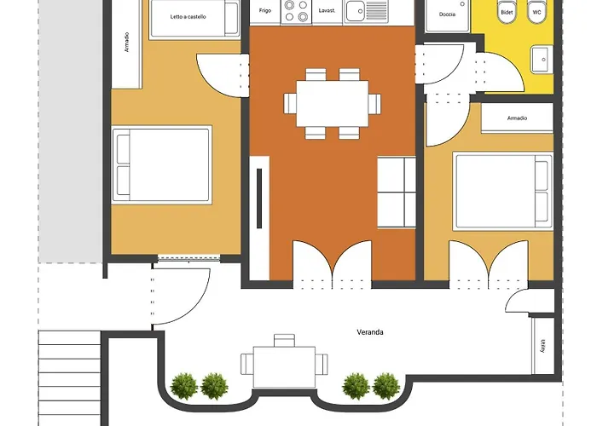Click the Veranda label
pos(369,332)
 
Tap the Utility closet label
pos(543,346)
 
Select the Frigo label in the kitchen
pos(265,10)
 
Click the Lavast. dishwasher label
pos(327,10)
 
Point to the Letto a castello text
pos(188,17)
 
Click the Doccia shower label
pos(447,14)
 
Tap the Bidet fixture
pos(507,11)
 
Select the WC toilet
pos(536,11)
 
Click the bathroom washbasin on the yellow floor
pos(542,59)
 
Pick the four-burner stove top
pos(296,10)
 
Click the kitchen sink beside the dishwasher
pos(366,10)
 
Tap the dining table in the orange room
pos(333,103)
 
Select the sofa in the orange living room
pos(397,192)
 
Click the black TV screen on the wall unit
pos(259,199)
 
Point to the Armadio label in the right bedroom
pos(517,118)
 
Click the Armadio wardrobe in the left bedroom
pos(126,44)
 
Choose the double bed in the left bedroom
pos(162,165)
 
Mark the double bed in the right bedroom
pos(503,192)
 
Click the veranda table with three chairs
pos(284,364)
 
